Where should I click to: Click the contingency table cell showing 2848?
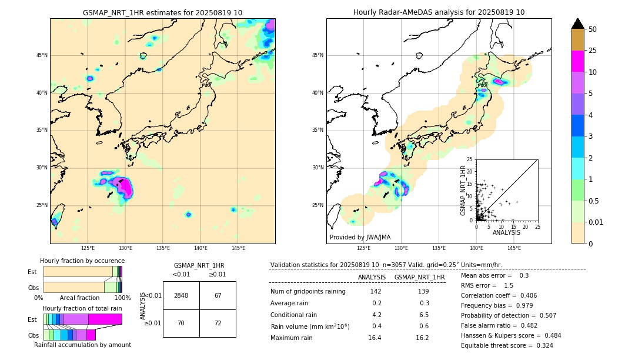click(x=181, y=295)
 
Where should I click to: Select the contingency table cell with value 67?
click(x=218, y=295)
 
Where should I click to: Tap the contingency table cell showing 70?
click(x=181, y=323)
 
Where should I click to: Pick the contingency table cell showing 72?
click(x=218, y=323)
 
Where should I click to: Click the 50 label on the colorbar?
click(x=593, y=29)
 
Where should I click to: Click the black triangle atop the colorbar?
click(x=578, y=24)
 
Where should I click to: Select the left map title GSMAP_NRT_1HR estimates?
click(x=162, y=13)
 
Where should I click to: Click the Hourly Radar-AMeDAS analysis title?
click(x=439, y=12)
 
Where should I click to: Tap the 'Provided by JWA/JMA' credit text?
click(x=360, y=238)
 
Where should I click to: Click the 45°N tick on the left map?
click(x=42, y=55)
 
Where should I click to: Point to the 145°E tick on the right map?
click(x=514, y=248)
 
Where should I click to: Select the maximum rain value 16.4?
click(x=375, y=338)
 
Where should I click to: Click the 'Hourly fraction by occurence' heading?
click(x=82, y=261)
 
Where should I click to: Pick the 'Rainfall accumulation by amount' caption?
click(x=82, y=345)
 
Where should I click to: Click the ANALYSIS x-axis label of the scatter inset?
click(x=506, y=232)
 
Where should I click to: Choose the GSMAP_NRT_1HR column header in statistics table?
click(x=419, y=277)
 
